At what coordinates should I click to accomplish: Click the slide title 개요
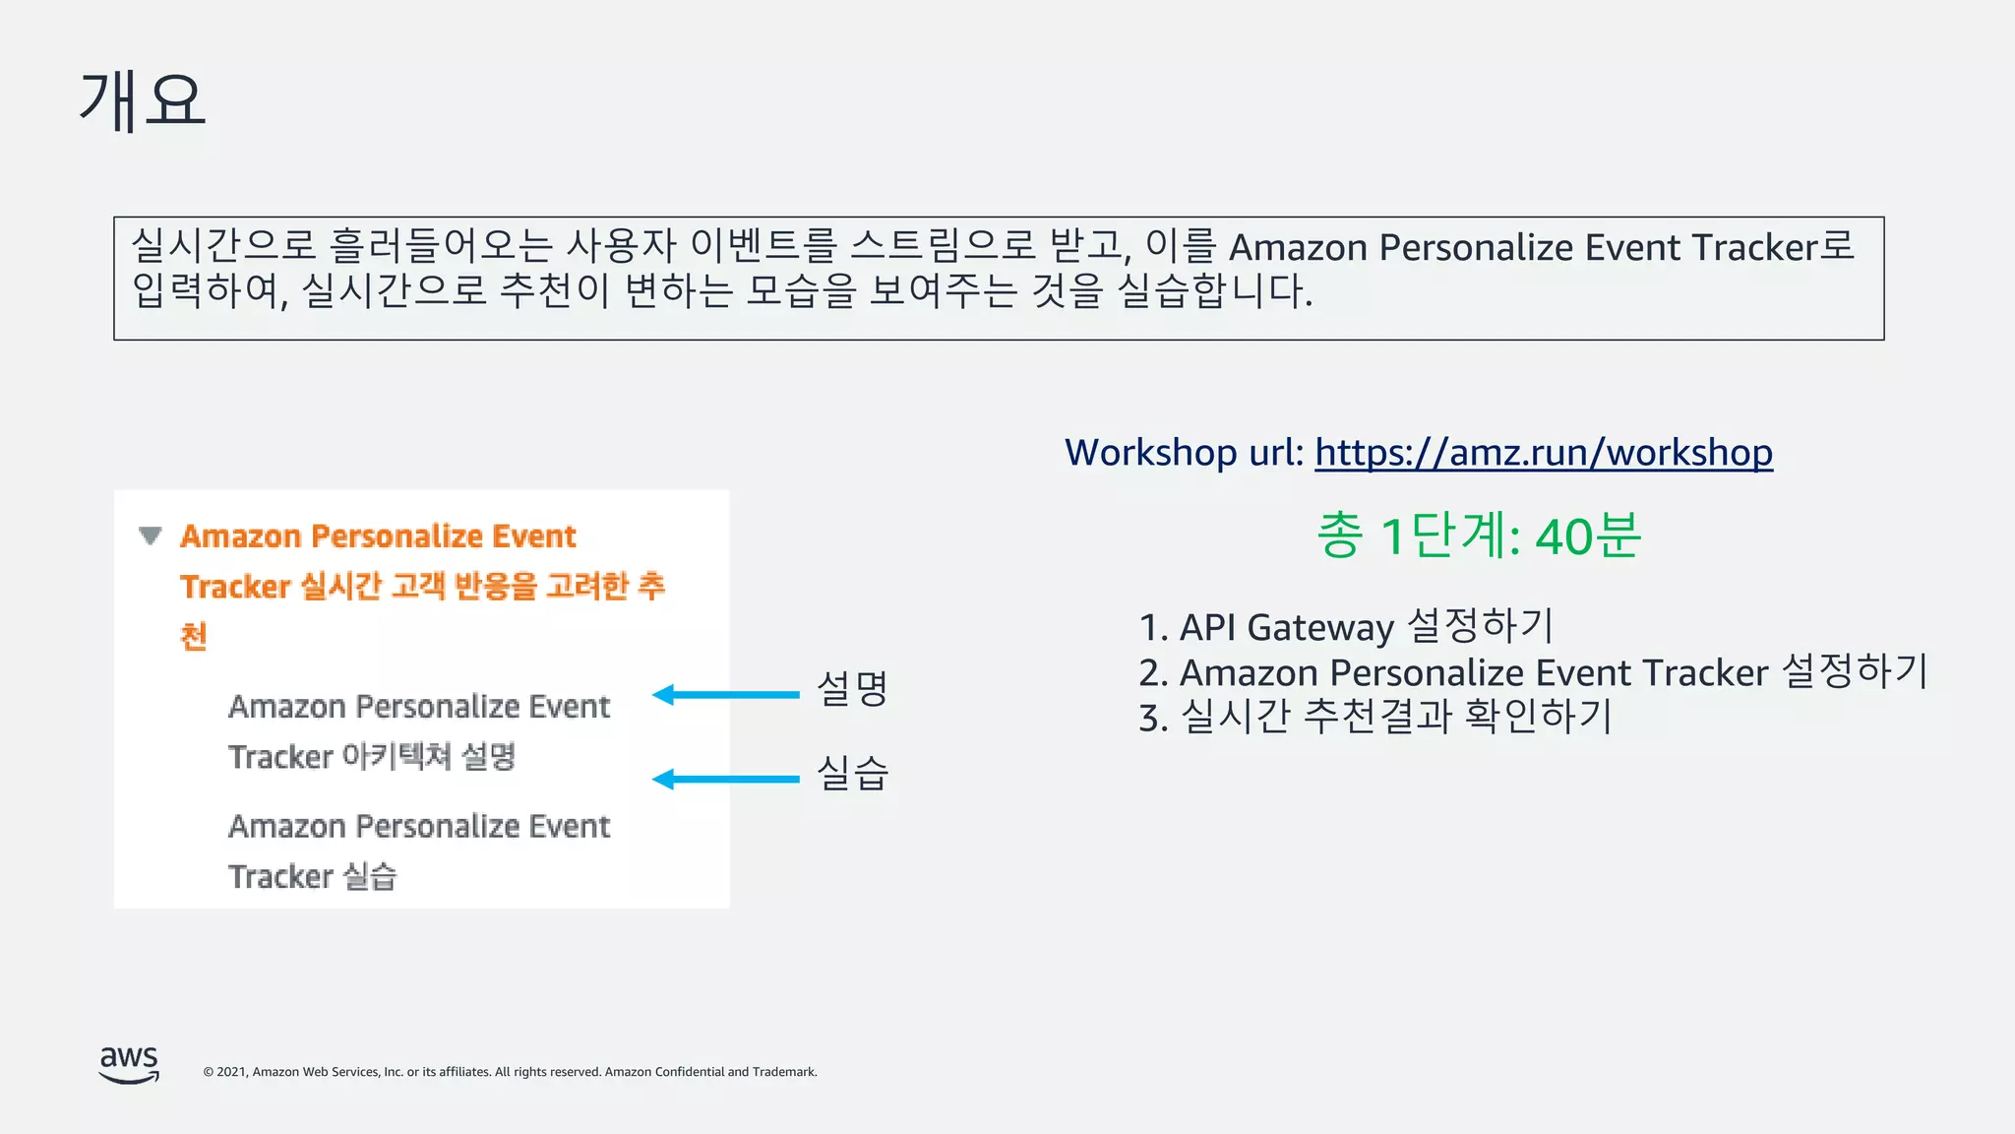(x=143, y=100)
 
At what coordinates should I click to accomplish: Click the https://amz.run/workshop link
(x=1543, y=453)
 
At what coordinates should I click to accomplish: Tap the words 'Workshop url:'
(x=1184, y=453)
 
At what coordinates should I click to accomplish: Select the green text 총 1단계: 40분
(x=1479, y=536)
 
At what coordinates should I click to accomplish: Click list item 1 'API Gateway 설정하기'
(x=1346, y=627)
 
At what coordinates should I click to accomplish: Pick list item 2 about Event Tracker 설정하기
(x=1532, y=672)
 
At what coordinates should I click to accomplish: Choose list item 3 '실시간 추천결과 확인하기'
(x=1374, y=717)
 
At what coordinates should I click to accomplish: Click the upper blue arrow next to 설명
(x=726, y=695)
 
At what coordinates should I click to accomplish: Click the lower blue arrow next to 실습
(x=726, y=780)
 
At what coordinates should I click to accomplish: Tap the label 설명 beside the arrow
(x=852, y=688)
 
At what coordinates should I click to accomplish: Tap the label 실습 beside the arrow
(x=852, y=773)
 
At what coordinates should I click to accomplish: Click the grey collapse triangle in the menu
(x=150, y=536)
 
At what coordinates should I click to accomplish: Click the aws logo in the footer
(x=129, y=1064)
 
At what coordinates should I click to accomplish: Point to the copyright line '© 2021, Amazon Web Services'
(x=510, y=1072)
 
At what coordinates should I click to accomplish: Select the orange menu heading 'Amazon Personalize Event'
(x=378, y=536)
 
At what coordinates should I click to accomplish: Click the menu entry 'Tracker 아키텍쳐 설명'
(x=372, y=757)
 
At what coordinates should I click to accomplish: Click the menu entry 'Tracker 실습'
(x=312, y=876)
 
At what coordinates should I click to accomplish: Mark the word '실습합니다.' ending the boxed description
(x=1216, y=290)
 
